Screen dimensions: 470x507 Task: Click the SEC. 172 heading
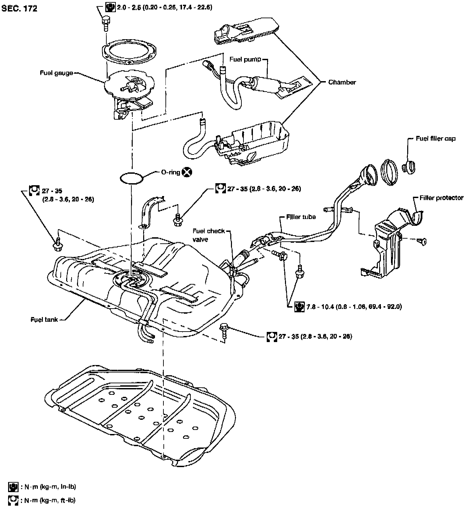[x=19, y=8]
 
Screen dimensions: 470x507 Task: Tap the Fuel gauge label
[x=56, y=73]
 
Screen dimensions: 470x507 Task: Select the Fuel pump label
[x=245, y=59]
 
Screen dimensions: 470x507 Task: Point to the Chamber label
[x=342, y=82]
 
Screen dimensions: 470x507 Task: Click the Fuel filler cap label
[x=436, y=139]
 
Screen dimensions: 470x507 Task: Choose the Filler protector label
[x=441, y=198]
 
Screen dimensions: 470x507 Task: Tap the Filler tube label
[x=301, y=217]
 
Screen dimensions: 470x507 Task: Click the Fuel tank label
[x=44, y=320]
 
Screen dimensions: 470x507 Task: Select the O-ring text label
[x=171, y=172]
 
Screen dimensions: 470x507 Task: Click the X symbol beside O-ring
[x=187, y=172]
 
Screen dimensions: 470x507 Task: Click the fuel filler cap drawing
[x=409, y=167]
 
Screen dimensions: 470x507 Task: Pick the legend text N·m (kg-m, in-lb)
[x=50, y=487]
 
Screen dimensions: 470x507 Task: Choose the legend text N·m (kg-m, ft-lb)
[x=50, y=500]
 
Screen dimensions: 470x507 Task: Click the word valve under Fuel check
[x=200, y=239]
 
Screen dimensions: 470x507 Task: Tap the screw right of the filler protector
[x=422, y=241]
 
